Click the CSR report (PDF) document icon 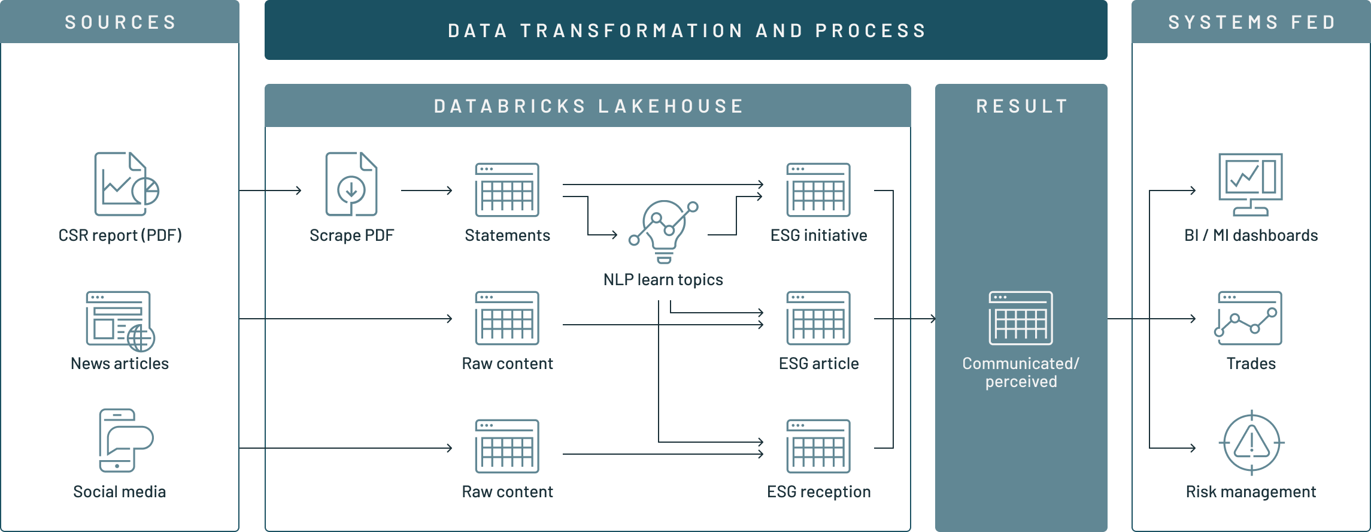pyautogui.click(x=126, y=184)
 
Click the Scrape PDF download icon pyautogui.click(x=351, y=184)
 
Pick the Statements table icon pyautogui.click(x=507, y=190)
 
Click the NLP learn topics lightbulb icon pyautogui.click(x=663, y=231)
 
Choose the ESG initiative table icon pyautogui.click(x=818, y=190)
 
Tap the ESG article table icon pyautogui.click(x=818, y=318)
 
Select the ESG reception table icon pyautogui.click(x=818, y=446)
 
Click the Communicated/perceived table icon pyautogui.click(x=1021, y=318)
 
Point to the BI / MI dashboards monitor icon pyautogui.click(x=1251, y=184)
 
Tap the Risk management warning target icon pyautogui.click(x=1251, y=443)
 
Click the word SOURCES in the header pyautogui.click(x=120, y=22)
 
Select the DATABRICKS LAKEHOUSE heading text pyautogui.click(x=589, y=106)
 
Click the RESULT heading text pyautogui.click(x=1022, y=106)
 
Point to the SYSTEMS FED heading pyautogui.click(x=1252, y=22)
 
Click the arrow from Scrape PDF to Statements pyautogui.click(x=426, y=191)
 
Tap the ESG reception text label pyautogui.click(x=818, y=492)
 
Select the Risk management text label pyautogui.click(x=1251, y=492)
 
